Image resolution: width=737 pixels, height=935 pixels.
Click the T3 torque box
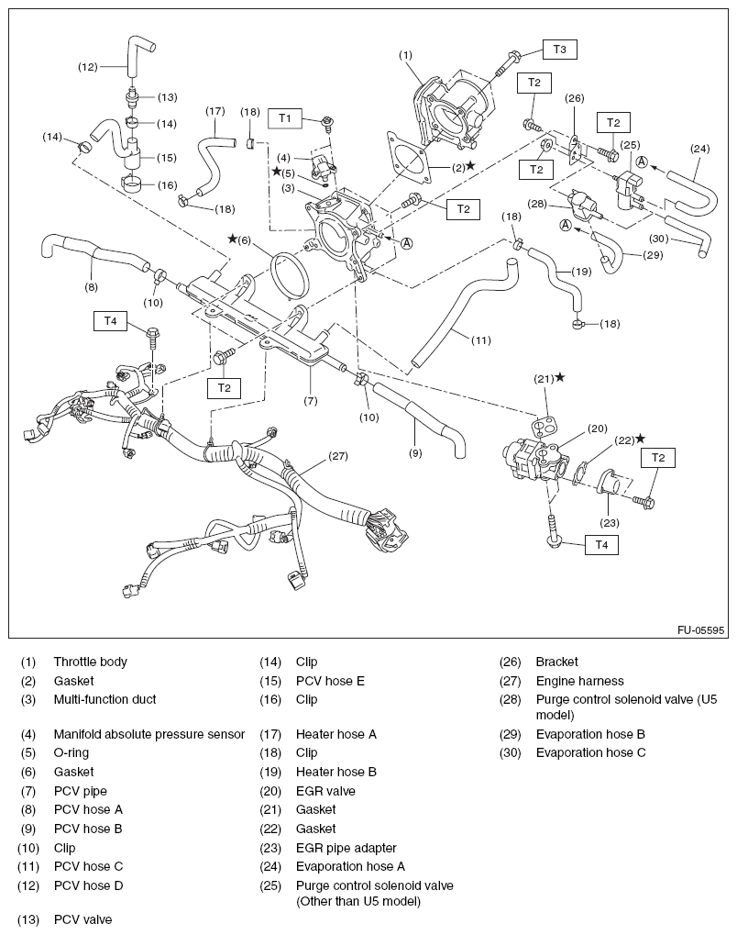(x=559, y=49)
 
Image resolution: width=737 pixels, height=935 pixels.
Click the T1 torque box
(x=285, y=117)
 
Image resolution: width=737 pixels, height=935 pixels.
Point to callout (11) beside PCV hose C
(x=480, y=339)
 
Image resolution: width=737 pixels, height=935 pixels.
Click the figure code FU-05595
(x=701, y=630)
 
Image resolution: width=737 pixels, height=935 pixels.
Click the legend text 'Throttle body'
(x=90, y=662)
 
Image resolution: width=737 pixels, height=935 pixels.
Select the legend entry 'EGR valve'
(x=325, y=791)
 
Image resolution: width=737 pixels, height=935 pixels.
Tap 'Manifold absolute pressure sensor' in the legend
(x=148, y=734)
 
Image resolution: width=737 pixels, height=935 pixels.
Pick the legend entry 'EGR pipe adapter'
(x=346, y=848)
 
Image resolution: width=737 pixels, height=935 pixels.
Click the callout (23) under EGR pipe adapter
(x=610, y=523)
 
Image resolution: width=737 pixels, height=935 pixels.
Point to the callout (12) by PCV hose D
(x=88, y=66)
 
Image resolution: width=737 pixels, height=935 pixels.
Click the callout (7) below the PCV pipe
(x=311, y=401)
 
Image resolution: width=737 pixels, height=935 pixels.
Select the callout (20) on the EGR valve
(x=598, y=428)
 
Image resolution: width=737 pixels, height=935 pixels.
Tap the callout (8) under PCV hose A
(x=91, y=286)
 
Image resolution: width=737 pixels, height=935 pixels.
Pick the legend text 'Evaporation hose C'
(x=590, y=752)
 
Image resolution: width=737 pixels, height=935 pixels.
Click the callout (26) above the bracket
(x=574, y=98)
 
